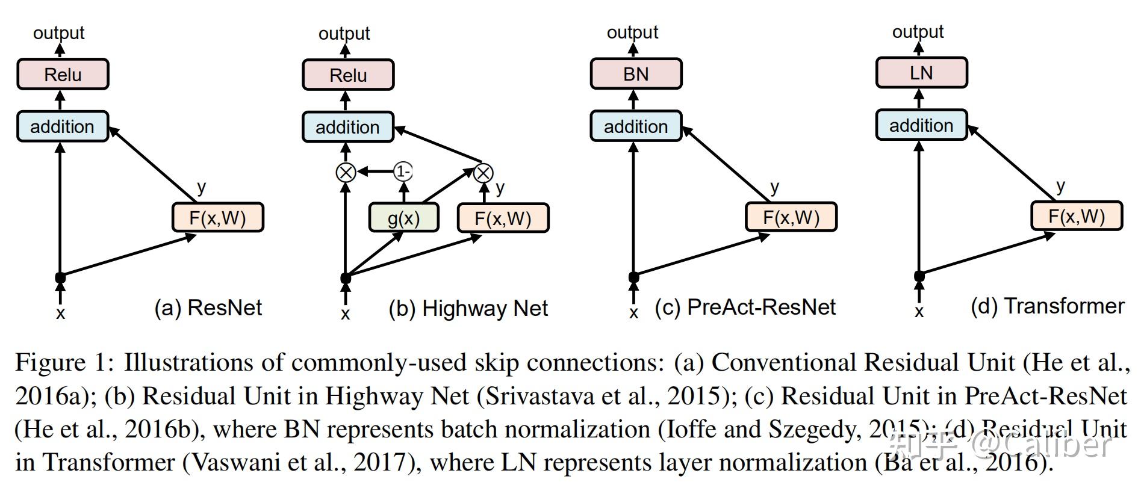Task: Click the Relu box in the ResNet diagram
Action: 63,75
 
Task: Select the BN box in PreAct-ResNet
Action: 636,74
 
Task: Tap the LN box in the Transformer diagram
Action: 921,73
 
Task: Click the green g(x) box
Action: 403,218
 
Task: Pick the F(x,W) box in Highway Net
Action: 503,218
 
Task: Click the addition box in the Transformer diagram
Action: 921,125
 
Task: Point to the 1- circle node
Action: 403,172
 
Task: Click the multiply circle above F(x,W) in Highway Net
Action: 483,173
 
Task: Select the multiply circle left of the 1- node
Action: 346,173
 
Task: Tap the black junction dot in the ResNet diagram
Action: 60,277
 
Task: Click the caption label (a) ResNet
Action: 208,307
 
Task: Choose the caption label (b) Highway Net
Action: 468,308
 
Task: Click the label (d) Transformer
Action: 1047,306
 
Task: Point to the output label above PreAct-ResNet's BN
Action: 632,32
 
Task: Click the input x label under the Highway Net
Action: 345,313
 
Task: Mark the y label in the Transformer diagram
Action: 1060,186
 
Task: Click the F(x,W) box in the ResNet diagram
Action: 217,217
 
